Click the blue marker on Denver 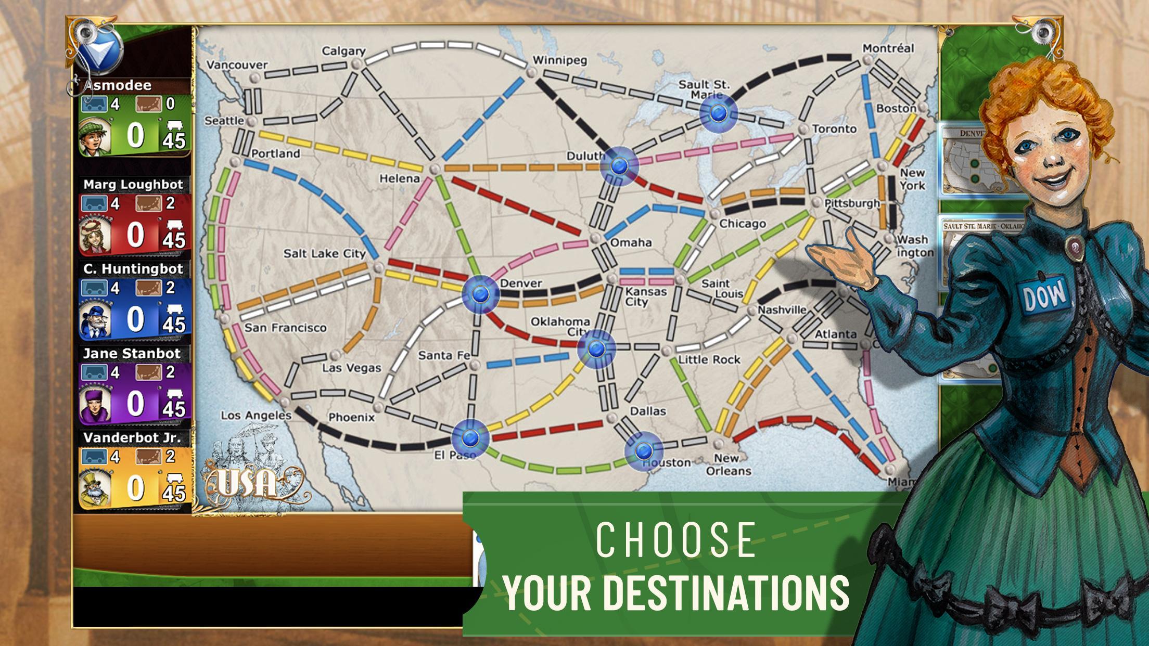pos(480,294)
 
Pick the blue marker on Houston pos(644,450)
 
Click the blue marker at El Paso pos(470,437)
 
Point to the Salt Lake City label pos(325,253)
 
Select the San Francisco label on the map pos(285,328)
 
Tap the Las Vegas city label pos(352,368)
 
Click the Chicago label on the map pos(743,224)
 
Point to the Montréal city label pos(888,48)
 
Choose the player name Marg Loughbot pos(133,185)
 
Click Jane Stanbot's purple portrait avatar pos(95,403)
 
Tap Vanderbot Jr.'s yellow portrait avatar pos(95,487)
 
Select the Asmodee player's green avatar pos(95,136)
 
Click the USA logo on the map pos(247,484)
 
